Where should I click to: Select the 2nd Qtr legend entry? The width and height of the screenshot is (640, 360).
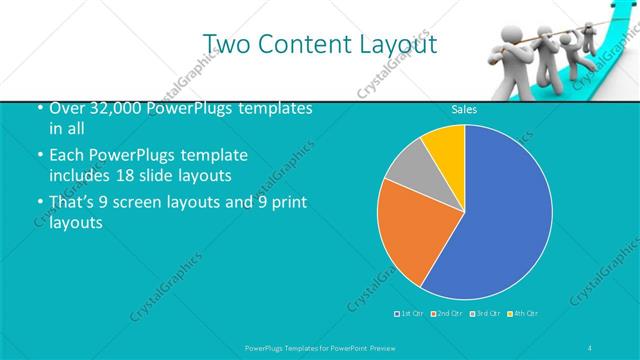click(448, 314)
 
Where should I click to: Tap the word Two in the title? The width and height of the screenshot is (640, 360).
click(226, 44)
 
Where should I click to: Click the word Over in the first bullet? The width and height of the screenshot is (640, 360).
click(66, 108)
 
